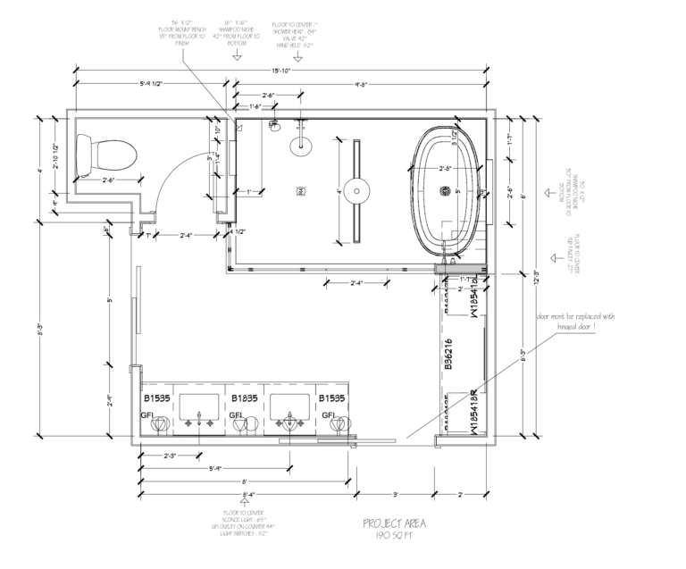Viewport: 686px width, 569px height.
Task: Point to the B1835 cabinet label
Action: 245,399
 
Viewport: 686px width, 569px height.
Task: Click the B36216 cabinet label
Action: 448,354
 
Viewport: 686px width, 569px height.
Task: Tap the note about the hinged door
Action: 576,322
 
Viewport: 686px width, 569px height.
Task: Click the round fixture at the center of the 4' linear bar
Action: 358,189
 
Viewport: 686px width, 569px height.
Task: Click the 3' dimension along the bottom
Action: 396,493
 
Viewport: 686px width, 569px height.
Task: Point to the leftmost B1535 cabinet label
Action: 156,399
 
